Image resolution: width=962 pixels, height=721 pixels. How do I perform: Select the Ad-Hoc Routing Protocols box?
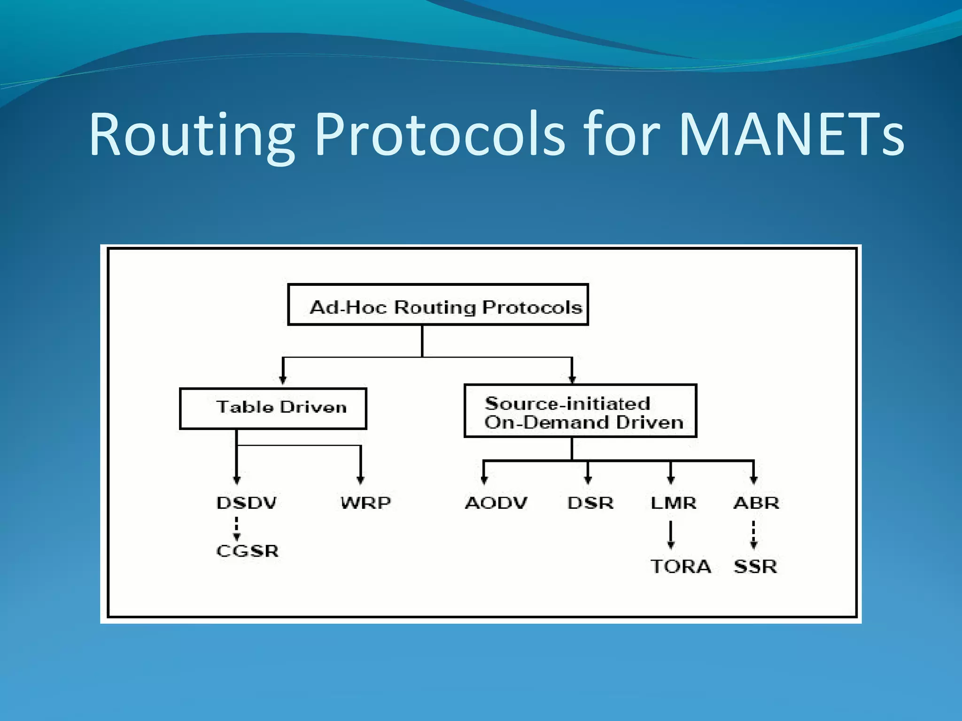point(438,305)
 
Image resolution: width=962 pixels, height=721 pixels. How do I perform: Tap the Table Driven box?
point(273,408)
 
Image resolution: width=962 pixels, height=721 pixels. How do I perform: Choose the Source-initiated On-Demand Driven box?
point(580,411)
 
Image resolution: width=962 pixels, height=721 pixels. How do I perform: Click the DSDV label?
point(247,503)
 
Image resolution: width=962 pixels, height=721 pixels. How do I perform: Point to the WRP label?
point(365,503)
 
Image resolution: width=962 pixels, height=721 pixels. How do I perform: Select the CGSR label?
point(248,551)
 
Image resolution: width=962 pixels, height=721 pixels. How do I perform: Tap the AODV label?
point(496,503)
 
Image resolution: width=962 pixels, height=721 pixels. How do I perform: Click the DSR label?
point(590,503)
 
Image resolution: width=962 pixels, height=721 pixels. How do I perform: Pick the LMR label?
point(673,503)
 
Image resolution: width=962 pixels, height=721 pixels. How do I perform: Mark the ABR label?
point(756,503)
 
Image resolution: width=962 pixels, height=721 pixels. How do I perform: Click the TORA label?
point(681,567)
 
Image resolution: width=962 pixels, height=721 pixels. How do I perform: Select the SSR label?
point(755,567)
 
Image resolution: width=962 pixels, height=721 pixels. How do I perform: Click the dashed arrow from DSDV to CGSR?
point(237,529)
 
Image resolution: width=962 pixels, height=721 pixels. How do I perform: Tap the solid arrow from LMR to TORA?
point(671,534)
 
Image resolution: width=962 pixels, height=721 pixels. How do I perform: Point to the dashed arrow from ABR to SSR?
point(753,534)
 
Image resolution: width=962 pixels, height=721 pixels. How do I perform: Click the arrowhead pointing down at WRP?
point(360,480)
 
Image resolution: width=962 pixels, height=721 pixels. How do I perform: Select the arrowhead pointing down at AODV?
point(484,480)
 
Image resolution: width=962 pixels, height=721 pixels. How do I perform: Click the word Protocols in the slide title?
point(439,135)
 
